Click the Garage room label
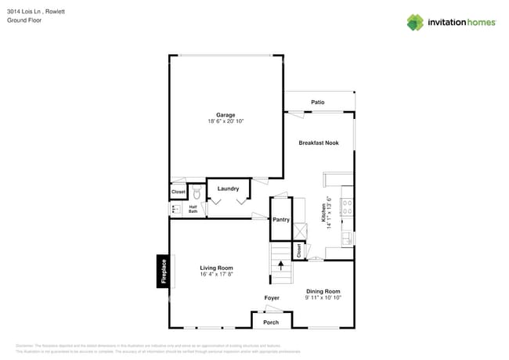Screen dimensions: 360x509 pyautogui.click(x=226, y=115)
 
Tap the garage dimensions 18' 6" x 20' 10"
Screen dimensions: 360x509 pyautogui.click(x=226, y=121)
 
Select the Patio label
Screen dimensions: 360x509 pyautogui.click(x=317, y=103)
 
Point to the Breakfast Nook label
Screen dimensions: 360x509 pyautogui.click(x=319, y=143)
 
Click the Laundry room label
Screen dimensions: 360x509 pyautogui.click(x=228, y=189)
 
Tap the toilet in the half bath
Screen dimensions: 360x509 pyautogui.click(x=197, y=192)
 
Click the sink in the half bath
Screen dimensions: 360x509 pyautogui.click(x=175, y=209)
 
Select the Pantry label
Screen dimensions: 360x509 pyautogui.click(x=281, y=219)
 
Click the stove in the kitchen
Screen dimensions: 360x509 pyautogui.click(x=348, y=208)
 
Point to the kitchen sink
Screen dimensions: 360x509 pyautogui.click(x=348, y=236)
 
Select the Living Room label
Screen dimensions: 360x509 pyautogui.click(x=216, y=268)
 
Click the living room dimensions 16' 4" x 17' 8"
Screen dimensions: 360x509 pyautogui.click(x=216, y=275)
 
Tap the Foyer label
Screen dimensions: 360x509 pyautogui.click(x=271, y=298)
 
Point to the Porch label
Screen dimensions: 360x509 pyautogui.click(x=271, y=322)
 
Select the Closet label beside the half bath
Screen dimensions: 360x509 pyautogui.click(x=179, y=192)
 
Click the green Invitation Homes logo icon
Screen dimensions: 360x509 pyautogui.click(x=414, y=22)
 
